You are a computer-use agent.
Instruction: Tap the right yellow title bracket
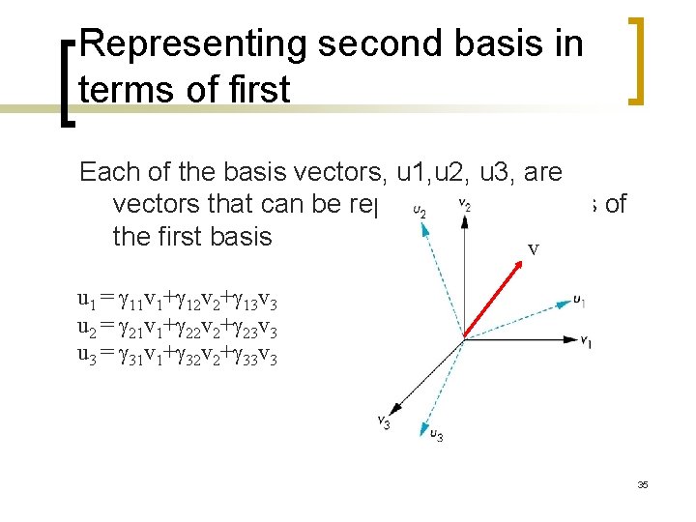pos(637,60)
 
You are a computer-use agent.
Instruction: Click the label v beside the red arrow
pos(533,249)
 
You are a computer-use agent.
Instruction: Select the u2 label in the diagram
pos(420,210)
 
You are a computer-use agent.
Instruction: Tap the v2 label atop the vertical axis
pos(464,204)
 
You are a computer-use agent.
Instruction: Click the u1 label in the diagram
pos(579,301)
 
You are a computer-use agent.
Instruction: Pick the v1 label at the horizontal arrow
pos(586,341)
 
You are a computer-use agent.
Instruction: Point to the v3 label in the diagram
pos(384,421)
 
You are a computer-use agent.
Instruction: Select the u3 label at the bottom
pos(436,436)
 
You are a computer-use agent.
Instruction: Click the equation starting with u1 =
pos(178,298)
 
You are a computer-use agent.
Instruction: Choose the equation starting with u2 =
pos(178,326)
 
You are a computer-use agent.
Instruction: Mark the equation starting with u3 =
pos(178,354)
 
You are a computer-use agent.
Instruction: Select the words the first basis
pos(192,236)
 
